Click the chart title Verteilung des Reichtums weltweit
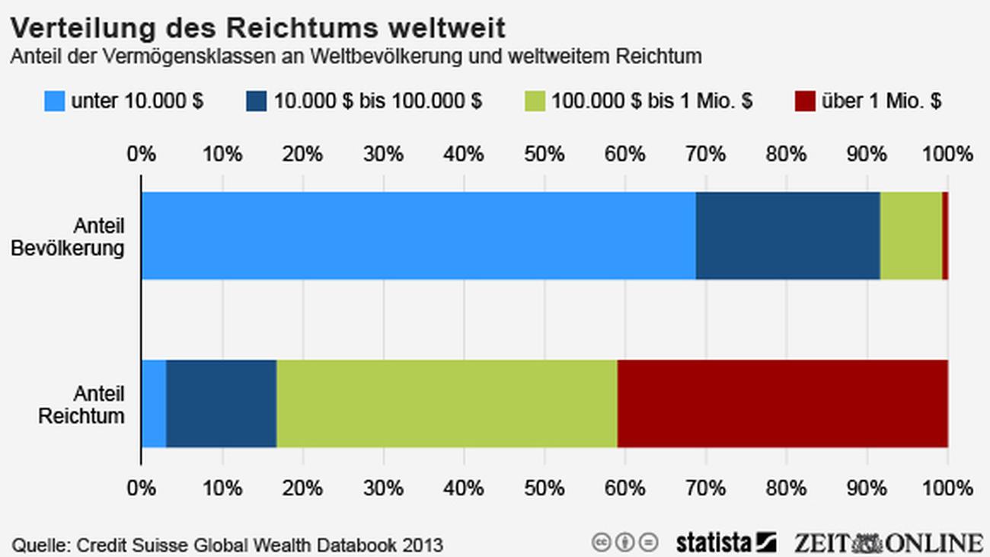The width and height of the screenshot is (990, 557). (x=257, y=27)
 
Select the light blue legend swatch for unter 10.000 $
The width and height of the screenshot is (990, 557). (x=55, y=101)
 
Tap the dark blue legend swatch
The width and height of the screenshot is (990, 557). (x=257, y=101)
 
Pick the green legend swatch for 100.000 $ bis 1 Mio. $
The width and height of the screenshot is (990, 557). (x=535, y=101)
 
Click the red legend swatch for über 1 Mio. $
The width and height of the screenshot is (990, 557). (x=805, y=101)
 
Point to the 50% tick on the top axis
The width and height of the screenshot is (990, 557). (x=544, y=154)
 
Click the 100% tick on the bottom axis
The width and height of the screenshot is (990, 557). (x=947, y=487)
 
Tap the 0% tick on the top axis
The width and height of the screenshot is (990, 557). (x=142, y=154)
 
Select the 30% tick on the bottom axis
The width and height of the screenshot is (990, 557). (x=383, y=487)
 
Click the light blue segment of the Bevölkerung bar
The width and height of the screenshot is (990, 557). (x=418, y=235)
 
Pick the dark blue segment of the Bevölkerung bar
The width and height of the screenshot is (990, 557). (x=787, y=235)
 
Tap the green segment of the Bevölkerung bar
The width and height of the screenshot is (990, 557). (x=911, y=235)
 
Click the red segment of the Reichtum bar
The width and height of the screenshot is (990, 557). (x=782, y=404)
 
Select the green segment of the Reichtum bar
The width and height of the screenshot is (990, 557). (x=446, y=404)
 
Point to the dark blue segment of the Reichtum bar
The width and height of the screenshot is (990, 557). (x=221, y=404)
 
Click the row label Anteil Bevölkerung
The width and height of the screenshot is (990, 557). (x=68, y=237)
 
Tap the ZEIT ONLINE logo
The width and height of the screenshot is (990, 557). (x=888, y=543)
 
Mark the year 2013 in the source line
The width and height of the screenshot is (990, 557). (x=423, y=546)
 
